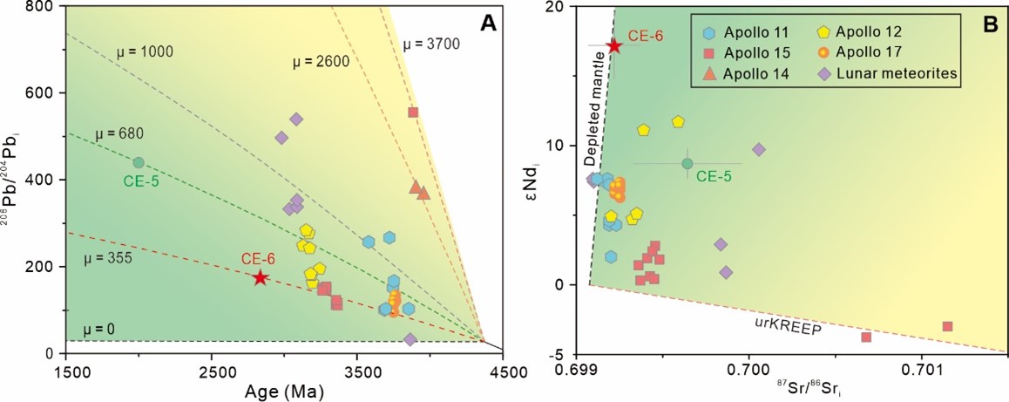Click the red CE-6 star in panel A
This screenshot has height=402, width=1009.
(x=260, y=277)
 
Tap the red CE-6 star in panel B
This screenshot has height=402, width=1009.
(x=614, y=45)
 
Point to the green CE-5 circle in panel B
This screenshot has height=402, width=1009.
(x=687, y=163)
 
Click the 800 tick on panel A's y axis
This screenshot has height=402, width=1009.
(x=45, y=8)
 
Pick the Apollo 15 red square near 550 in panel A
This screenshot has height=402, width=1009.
(x=413, y=112)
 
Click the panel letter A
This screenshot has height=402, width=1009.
(x=489, y=24)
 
